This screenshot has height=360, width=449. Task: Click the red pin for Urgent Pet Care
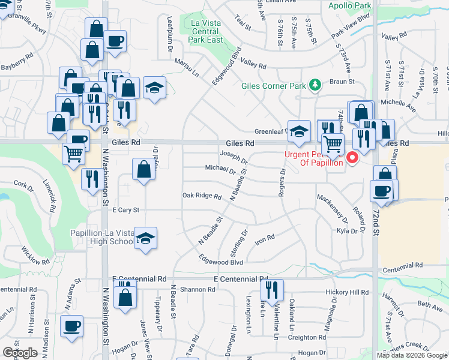click(352, 158)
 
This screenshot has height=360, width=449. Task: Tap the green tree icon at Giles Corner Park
click(313, 85)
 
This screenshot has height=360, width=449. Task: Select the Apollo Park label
click(350, 6)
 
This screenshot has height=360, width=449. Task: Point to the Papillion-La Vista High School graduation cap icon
click(145, 238)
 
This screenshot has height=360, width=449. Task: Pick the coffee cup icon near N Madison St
click(72, 326)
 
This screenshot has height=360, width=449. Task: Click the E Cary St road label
click(125, 210)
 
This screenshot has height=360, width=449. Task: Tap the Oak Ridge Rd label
click(197, 196)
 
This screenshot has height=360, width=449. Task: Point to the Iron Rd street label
click(265, 238)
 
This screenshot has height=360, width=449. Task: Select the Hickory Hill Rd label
click(346, 292)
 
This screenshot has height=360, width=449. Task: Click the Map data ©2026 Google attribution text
click(412, 355)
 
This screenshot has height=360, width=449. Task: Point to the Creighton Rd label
click(306, 338)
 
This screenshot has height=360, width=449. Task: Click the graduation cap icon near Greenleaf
click(298, 131)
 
